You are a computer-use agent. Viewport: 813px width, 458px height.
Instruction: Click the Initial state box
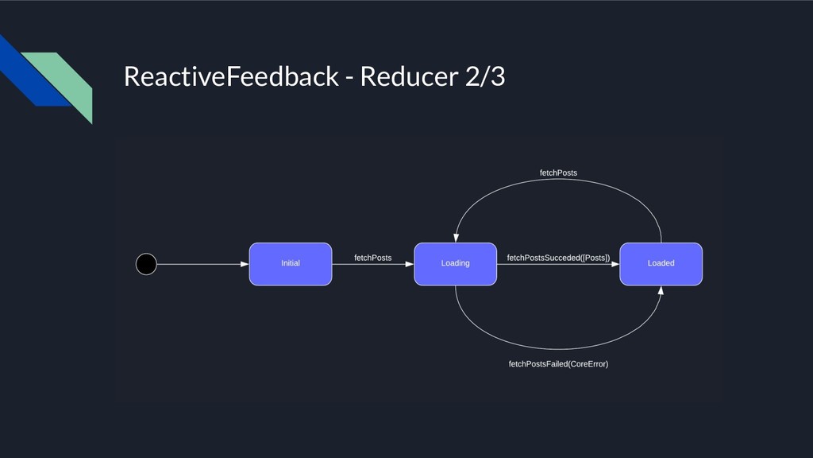tap(291, 264)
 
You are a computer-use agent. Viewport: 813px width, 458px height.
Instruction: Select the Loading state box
tap(455, 264)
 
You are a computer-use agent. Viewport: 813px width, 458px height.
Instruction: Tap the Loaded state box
tap(661, 264)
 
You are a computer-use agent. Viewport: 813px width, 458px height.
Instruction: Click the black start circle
tap(146, 264)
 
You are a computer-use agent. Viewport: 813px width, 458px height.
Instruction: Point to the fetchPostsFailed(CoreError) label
tap(558, 364)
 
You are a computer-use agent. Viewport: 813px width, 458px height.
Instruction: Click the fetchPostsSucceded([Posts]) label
tap(558, 258)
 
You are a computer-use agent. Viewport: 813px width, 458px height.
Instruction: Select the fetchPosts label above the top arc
tap(558, 173)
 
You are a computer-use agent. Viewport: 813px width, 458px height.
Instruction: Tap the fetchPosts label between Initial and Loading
tap(373, 258)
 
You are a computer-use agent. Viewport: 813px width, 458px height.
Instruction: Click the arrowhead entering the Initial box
tap(245, 264)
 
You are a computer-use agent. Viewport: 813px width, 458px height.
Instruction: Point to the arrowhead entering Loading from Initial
tap(410, 264)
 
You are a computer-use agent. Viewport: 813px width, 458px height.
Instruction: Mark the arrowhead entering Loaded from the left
tap(615, 264)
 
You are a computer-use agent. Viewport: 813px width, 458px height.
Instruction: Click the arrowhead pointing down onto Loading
tap(456, 238)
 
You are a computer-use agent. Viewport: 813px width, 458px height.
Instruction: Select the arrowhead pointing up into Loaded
tap(661, 290)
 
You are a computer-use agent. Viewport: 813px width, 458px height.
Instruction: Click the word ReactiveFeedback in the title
tap(231, 76)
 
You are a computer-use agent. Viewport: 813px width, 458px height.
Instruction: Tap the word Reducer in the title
tap(409, 76)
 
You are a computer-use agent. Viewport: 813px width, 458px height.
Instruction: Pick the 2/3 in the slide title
tap(485, 76)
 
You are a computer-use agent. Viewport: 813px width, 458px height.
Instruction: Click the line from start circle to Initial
tap(202, 264)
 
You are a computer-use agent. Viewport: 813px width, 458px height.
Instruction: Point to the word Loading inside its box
tap(455, 263)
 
